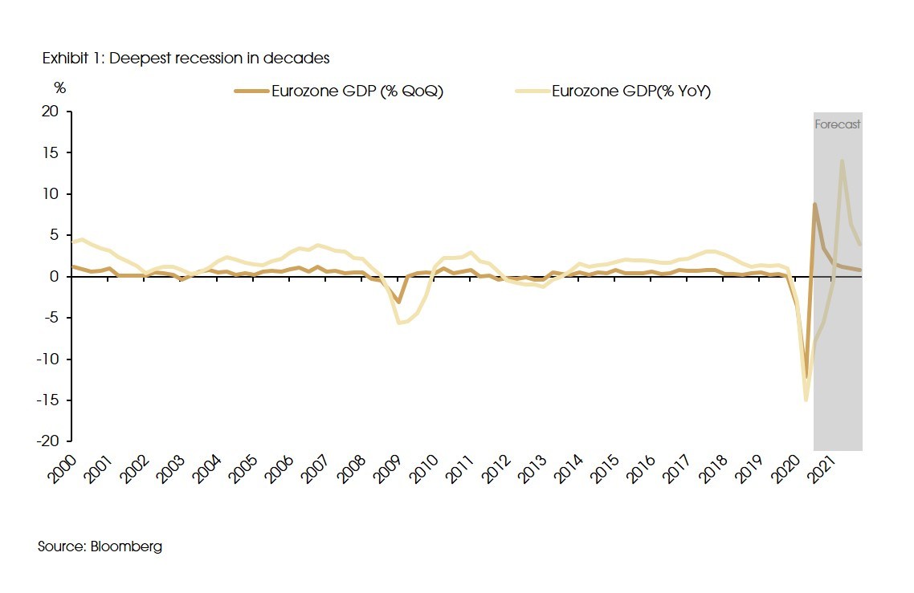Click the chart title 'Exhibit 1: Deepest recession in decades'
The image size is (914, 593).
[x=186, y=59]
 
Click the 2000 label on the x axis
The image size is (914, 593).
[x=63, y=467]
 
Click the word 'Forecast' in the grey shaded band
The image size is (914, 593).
[x=838, y=124]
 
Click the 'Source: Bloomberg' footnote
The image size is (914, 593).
[x=100, y=546]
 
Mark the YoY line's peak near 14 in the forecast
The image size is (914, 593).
[x=842, y=160]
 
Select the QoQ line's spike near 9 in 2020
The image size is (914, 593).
[x=814, y=204]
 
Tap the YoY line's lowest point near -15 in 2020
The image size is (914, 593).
[x=806, y=400]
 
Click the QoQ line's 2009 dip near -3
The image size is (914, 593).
[x=398, y=302]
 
